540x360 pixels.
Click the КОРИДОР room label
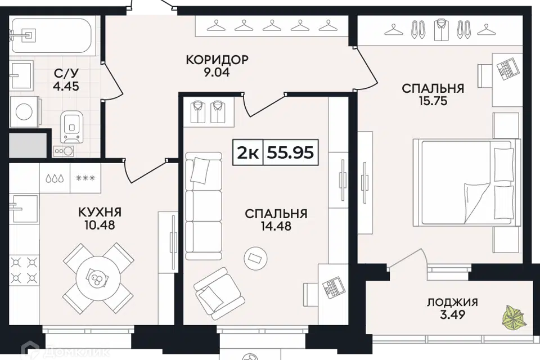(x=217, y=60)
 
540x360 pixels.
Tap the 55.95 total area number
(x=291, y=152)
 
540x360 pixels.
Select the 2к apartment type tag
(x=248, y=152)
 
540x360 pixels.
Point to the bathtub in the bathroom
(x=52, y=35)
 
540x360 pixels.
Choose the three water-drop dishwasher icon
(x=55, y=178)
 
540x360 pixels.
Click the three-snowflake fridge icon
(x=85, y=178)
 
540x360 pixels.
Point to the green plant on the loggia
(x=514, y=317)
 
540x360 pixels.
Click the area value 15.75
(x=433, y=101)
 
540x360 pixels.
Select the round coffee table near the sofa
(x=255, y=257)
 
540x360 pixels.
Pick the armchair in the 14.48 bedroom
(x=219, y=294)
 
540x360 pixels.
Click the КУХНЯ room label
(x=100, y=212)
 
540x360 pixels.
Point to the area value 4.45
(x=66, y=85)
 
